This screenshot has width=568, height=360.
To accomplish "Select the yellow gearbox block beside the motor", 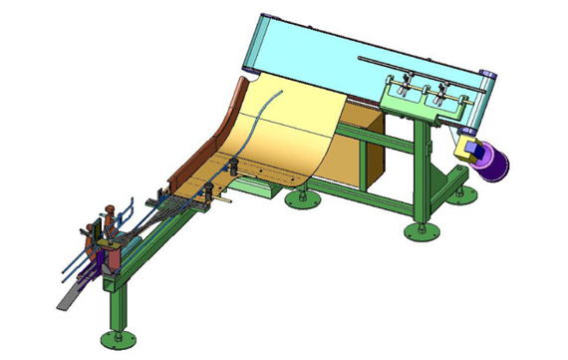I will pos(465,150).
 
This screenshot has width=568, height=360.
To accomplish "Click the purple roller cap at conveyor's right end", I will pos(489,77).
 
